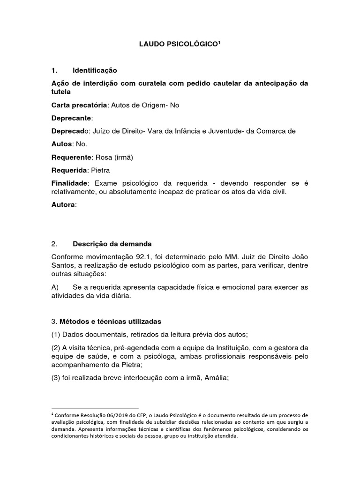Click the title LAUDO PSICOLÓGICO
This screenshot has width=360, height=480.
179,45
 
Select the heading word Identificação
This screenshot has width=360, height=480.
95,70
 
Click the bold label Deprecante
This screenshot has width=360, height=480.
71,118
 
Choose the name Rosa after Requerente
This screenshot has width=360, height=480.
103,157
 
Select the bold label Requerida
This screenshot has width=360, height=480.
69,169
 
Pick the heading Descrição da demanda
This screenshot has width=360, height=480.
112,244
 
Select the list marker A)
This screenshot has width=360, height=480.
55,286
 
